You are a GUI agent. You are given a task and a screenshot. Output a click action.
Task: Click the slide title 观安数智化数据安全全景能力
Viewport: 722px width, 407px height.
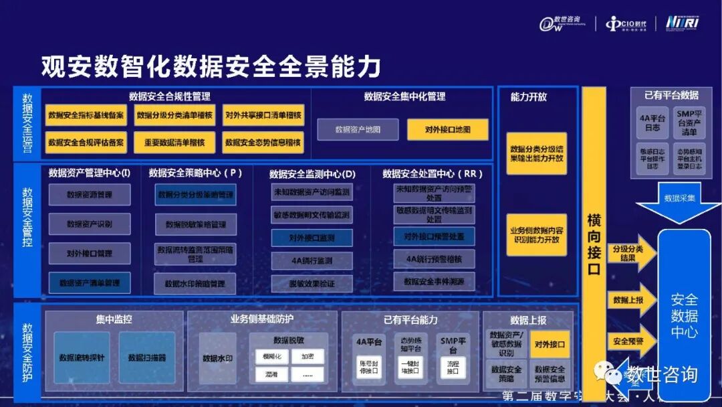coord(211,67)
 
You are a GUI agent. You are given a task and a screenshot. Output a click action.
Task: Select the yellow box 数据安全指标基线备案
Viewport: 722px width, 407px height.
coord(86,115)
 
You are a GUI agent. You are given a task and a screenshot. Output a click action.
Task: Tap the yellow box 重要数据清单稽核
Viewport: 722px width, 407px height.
coord(174,142)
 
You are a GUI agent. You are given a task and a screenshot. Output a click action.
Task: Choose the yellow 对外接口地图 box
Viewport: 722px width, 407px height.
coord(447,129)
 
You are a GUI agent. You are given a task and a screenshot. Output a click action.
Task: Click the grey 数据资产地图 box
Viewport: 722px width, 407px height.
coord(358,129)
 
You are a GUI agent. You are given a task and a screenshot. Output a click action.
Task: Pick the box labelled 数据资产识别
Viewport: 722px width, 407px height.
coord(90,224)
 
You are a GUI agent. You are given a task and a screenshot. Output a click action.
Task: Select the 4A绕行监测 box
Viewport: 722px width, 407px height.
coord(312,260)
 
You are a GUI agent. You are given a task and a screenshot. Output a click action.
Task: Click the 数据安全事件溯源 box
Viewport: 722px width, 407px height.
coord(434,281)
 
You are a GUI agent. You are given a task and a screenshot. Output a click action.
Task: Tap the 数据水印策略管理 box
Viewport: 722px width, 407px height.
coord(195,283)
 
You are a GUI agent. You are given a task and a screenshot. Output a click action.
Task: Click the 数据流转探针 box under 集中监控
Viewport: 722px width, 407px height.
coord(82,357)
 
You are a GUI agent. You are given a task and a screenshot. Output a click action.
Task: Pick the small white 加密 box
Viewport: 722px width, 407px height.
coord(307,356)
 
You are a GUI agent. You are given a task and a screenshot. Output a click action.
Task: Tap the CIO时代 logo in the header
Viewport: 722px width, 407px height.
coord(626,24)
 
